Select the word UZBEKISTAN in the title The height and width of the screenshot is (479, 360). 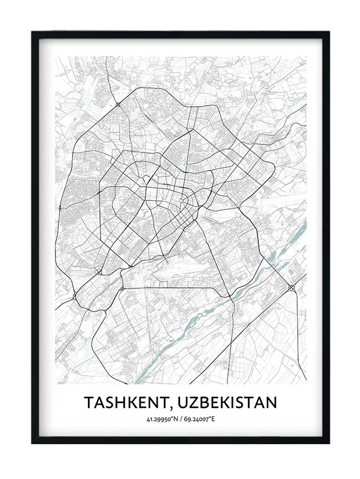pos(227,402)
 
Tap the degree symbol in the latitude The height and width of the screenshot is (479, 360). pos(171,418)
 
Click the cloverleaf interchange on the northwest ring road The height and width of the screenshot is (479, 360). pos(117,104)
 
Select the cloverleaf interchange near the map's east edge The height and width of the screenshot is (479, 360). pos(292,289)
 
